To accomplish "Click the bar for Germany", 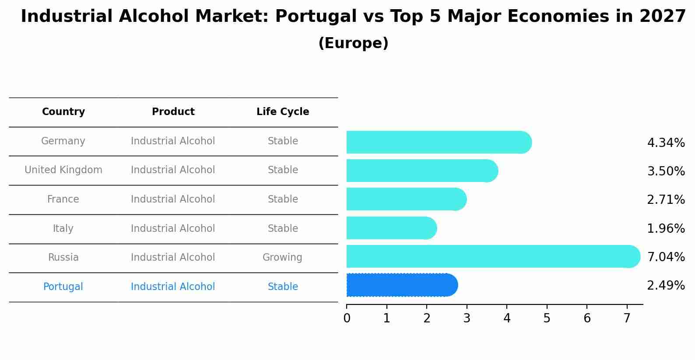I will (x=438, y=142).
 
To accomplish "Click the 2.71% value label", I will (x=665, y=200).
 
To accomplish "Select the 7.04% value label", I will (x=665, y=257).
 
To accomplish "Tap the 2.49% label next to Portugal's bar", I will (x=665, y=286).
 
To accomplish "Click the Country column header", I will (x=63, y=112).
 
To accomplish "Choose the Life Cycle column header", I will (x=283, y=112).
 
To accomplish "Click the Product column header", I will (x=173, y=112).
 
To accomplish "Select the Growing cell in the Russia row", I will (x=282, y=258).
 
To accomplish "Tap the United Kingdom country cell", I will (x=63, y=170).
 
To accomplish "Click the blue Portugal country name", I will (x=63, y=287).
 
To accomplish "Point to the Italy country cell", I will (x=63, y=229).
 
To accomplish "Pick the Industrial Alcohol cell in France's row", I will (x=173, y=199).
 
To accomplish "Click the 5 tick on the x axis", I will (x=547, y=318).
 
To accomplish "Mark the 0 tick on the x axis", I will (x=347, y=318).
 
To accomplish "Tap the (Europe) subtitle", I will (x=353, y=43).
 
